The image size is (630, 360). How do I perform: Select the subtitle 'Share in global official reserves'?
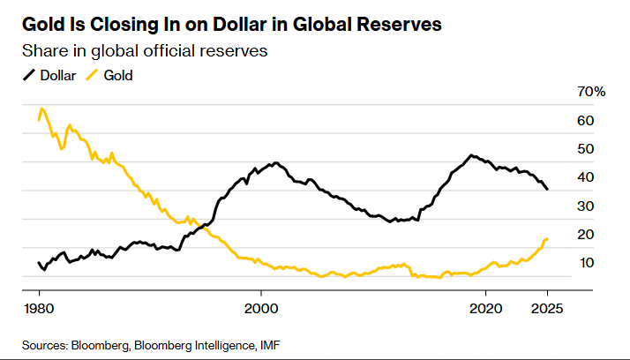click(145, 51)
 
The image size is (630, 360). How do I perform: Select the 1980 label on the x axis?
click(39, 308)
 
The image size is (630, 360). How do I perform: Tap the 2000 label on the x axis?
click(261, 308)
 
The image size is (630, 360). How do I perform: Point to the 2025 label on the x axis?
click(547, 308)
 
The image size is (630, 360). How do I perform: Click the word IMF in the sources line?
click(271, 343)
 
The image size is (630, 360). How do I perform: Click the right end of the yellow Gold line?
click(548, 238)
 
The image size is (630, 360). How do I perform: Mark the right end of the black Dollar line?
click(548, 190)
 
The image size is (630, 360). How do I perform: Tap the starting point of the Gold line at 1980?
click(39, 118)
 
